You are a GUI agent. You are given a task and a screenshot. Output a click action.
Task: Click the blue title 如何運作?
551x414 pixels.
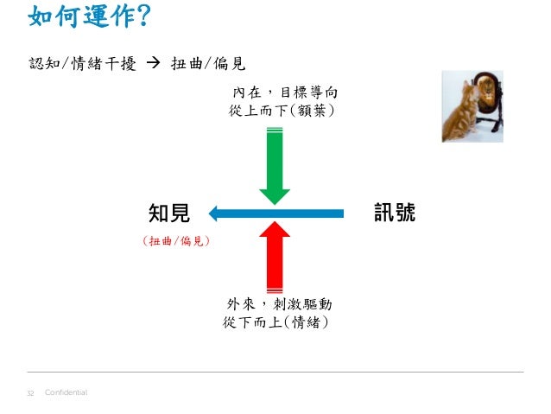[x=90, y=16]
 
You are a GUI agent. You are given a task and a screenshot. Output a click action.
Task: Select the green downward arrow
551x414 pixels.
[x=275, y=166]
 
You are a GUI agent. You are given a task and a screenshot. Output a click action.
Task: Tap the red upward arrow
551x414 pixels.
[x=275, y=257]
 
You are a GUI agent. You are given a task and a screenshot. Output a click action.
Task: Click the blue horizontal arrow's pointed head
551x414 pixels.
[x=213, y=213]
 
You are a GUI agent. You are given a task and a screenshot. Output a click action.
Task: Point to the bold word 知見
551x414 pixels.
[x=169, y=213]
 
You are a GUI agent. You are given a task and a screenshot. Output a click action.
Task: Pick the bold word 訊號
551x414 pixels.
[x=395, y=213]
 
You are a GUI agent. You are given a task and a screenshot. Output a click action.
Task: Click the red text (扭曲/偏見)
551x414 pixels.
[x=176, y=241]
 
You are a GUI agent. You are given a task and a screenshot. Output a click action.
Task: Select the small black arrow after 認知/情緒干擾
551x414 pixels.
[x=153, y=63]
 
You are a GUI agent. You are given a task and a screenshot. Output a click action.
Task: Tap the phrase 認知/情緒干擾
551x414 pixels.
[x=82, y=64]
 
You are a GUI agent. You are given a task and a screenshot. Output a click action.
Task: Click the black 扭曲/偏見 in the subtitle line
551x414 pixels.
[x=208, y=64]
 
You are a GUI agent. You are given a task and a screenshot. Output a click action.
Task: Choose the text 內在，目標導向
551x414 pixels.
[x=285, y=92]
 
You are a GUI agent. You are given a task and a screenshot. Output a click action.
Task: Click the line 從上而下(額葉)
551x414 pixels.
[x=282, y=111]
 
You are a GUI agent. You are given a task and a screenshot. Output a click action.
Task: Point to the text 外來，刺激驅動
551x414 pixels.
[x=279, y=304]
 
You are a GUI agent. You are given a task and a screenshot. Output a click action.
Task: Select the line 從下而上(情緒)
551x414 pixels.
[x=275, y=322]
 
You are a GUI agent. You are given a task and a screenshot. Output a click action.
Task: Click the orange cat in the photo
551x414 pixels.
[x=459, y=114]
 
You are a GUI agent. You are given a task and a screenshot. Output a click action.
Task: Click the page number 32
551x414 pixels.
[x=30, y=393]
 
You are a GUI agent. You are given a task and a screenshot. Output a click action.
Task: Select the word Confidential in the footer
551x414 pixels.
[x=66, y=392]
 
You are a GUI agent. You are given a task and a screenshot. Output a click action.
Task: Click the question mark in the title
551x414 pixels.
[x=144, y=16]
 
